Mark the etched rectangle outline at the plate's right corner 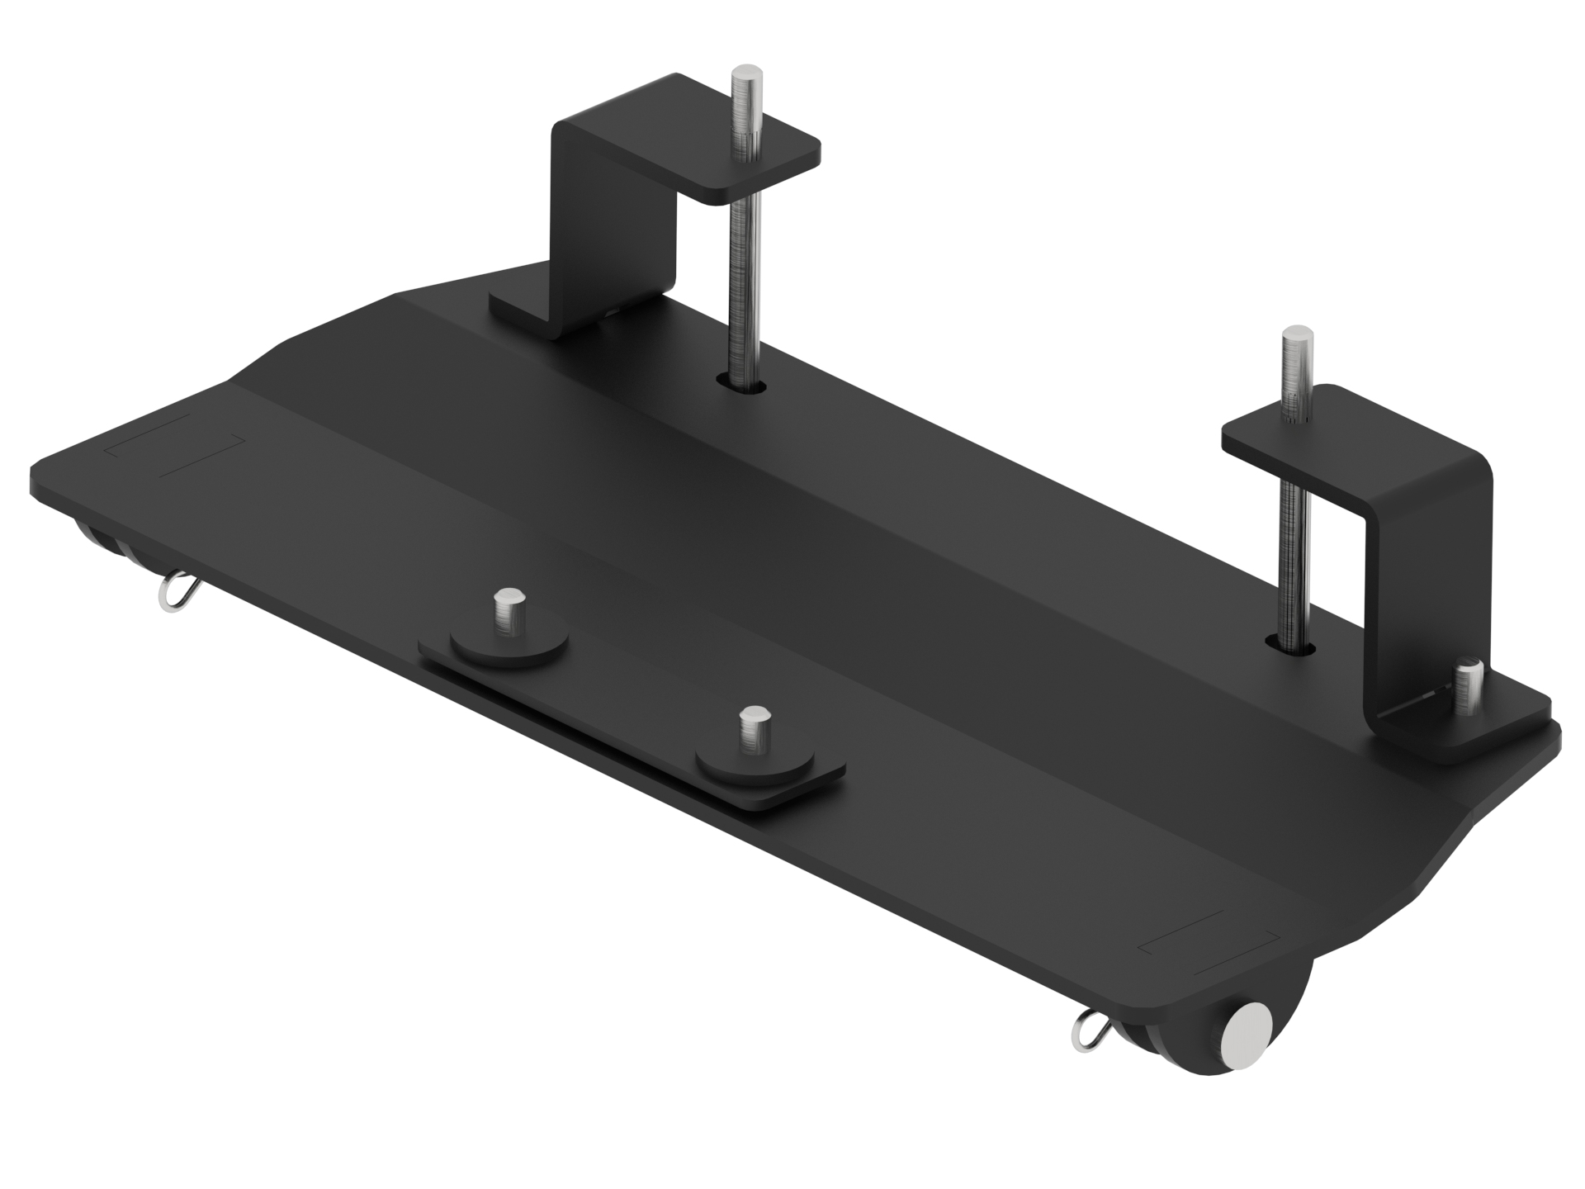point(1206,941)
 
